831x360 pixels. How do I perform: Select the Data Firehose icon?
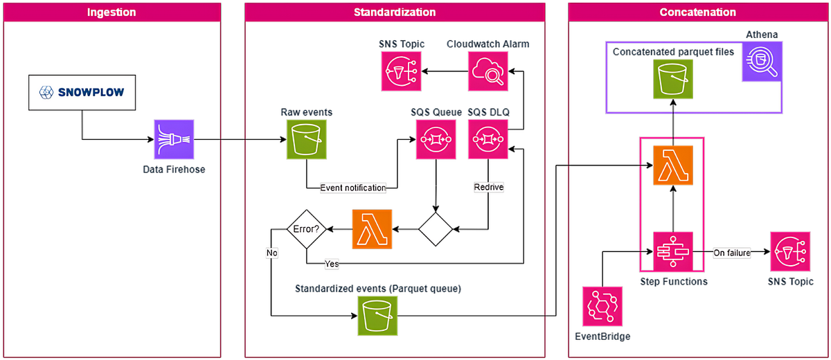(174, 139)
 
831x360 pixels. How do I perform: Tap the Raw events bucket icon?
(305, 139)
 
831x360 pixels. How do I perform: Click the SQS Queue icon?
(435, 139)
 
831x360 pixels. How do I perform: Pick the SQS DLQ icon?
(488, 139)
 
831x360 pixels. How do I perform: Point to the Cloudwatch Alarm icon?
(488, 71)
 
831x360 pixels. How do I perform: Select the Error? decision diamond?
(307, 228)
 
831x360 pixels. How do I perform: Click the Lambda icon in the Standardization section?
(372, 228)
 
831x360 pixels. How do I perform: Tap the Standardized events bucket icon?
(377, 315)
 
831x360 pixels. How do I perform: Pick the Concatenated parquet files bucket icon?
(673, 80)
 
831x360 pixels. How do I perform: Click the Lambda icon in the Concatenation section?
(673, 166)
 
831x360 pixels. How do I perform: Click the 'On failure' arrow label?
(732, 253)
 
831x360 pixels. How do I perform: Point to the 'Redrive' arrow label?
(488, 187)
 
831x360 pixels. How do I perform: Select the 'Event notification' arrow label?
(353, 188)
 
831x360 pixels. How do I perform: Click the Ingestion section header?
(112, 12)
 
